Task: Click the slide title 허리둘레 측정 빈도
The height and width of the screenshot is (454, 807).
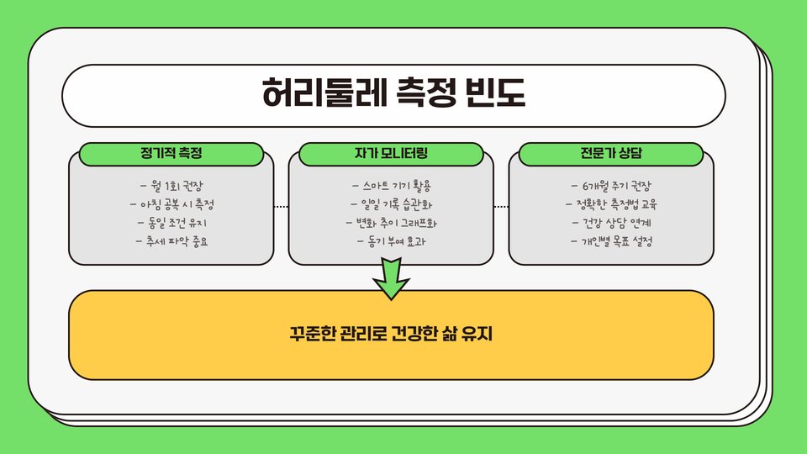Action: pos(393,92)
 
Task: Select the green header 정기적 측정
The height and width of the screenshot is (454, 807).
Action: pos(171,154)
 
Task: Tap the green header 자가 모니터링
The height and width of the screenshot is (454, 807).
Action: pos(391,154)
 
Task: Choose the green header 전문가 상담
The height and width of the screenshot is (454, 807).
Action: pos(611,154)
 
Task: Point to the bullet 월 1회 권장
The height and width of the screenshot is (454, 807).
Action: pos(171,185)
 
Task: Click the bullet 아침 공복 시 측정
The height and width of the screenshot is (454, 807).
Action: pos(171,204)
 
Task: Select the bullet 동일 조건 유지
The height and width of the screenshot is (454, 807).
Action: pos(171,223)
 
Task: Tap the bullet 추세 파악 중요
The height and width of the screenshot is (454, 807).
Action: pos(171,242)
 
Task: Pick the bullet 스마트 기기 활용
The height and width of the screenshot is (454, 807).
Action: pos(391,185)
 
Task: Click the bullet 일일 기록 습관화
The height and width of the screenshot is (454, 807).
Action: pos(391,204)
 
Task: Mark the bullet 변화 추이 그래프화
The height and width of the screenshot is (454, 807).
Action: pos(391,223)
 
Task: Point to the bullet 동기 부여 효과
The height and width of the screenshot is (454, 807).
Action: pos(391,242)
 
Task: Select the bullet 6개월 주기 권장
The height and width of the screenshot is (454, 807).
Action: pos(611,185)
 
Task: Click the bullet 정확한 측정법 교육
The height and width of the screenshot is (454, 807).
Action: pos(611,204)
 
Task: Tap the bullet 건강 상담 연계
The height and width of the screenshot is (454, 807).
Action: pos(611,223)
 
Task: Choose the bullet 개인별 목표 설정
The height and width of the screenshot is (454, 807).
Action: pos(611,242)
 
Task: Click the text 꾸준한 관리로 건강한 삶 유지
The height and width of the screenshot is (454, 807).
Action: pos(391,335)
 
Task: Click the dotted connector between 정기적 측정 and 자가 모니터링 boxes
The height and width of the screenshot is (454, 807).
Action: pos(281,206)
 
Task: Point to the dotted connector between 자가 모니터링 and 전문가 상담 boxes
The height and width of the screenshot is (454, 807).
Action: pos(501,206)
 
